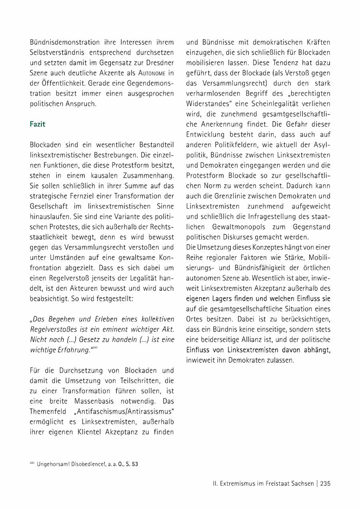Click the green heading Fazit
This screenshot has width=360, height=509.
pyautogui.click(x=38, y=124)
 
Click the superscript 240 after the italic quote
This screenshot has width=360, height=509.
pyautogui.click(x=95, y=348)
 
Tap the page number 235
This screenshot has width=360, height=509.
pyautogui.click(x=325, y=483)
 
